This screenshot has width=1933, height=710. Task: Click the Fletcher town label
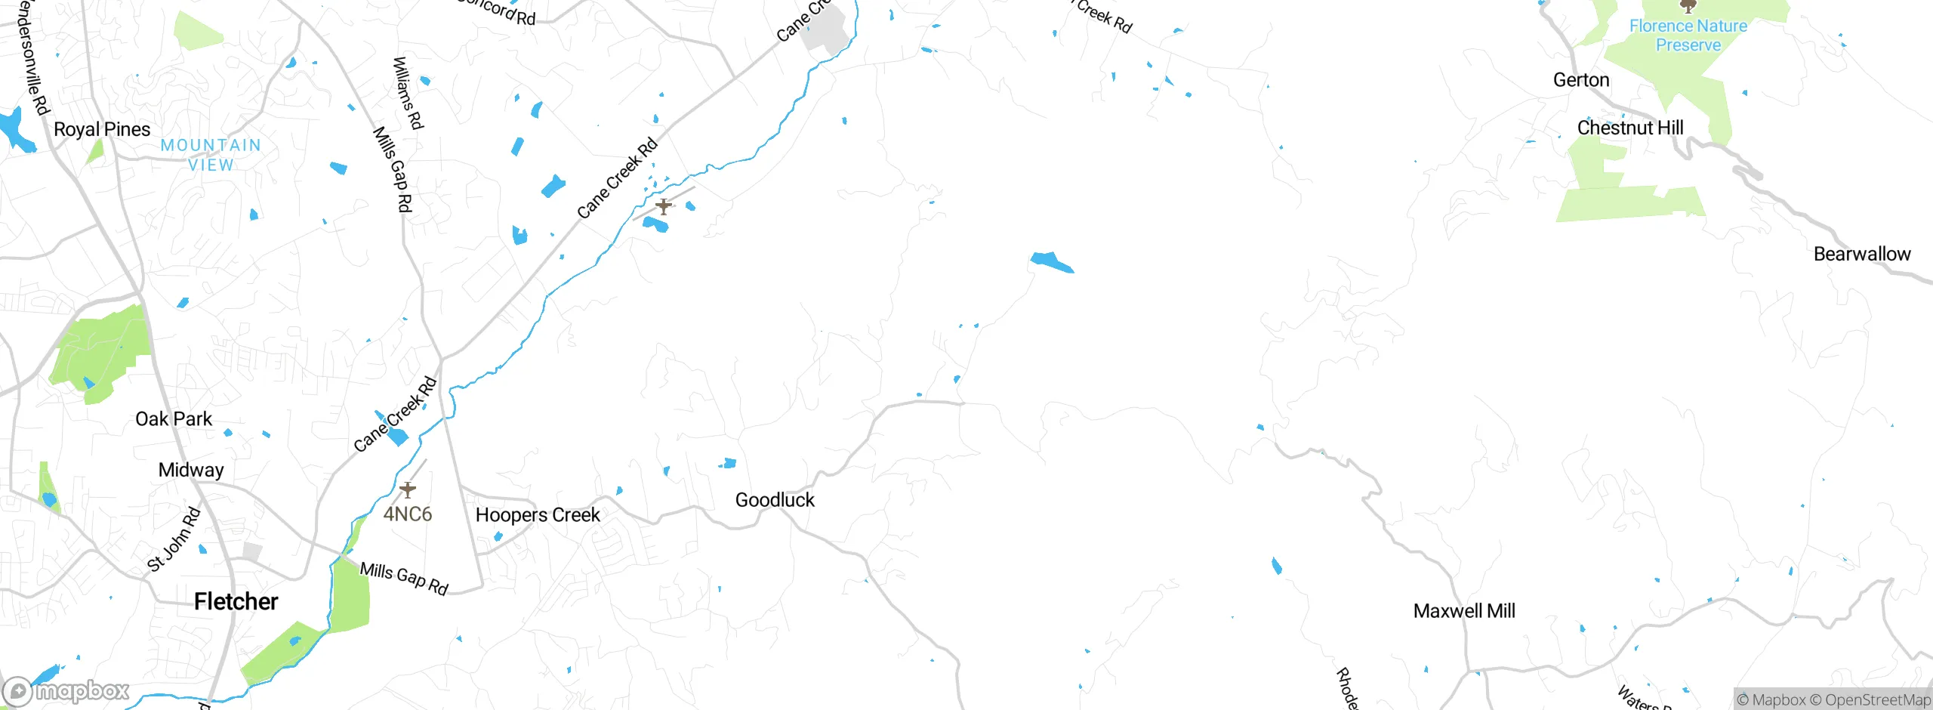coord(236,601)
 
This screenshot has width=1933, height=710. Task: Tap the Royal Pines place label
coord(102,129)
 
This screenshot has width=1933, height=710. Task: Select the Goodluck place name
coord(775,500)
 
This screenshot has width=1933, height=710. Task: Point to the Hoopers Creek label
coord(538,515)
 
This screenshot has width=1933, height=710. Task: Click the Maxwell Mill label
coord(1464,611)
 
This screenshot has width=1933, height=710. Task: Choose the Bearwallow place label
coord(1862,254)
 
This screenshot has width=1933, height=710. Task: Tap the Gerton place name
coord(1581,80)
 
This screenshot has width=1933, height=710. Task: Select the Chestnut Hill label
coord(1630,128)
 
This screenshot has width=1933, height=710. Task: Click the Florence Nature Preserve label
coord(1688,35)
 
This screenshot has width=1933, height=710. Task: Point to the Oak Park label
coord(174,419)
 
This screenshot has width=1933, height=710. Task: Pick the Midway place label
coord(191,470)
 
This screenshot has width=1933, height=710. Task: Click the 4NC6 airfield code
coord(408,514)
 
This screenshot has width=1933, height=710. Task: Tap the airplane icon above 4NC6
coord(408,490)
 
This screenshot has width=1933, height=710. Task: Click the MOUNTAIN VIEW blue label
coord(211,155)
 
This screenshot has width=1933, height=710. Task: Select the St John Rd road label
coord(174,539)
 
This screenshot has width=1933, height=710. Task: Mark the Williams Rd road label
coord(408,93)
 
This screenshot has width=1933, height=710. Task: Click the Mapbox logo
coord(66,691)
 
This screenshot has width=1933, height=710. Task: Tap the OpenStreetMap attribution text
coord(1877,700)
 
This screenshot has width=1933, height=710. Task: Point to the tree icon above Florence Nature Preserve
coord(1688,7)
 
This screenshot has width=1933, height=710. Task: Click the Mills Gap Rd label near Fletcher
coord(404,579)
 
